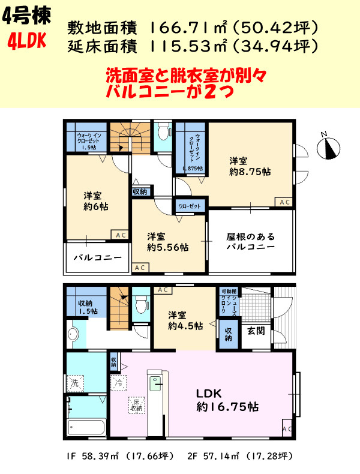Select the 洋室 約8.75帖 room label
click(x=248, y=166)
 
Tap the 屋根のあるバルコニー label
click(x=251, y=241)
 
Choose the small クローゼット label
click(x=190, y=205)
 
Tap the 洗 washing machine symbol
click(x=76, y=382)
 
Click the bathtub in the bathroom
click(x=86, y=428)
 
